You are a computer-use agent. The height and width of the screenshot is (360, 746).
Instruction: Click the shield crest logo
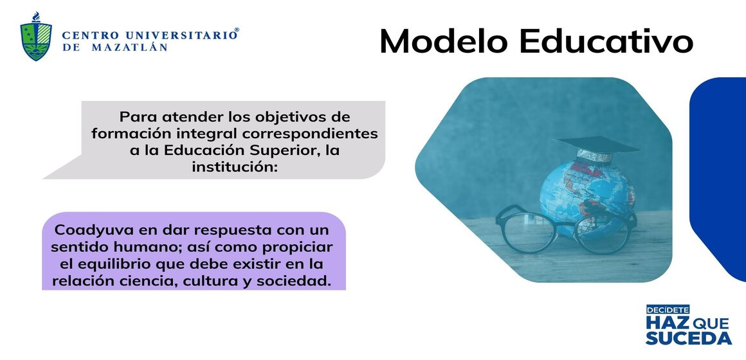(x=36, y=37)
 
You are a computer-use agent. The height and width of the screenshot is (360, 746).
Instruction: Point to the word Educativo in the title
(x=606, y=41)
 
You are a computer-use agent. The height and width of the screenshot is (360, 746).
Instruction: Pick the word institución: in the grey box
(x=234, y=167)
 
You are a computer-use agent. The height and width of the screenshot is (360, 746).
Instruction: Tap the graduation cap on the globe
(x=597, y=147)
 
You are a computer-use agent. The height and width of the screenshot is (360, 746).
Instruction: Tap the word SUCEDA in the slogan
(x=688, y=337)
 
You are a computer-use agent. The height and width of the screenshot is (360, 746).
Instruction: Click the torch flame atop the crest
(x=36, y=17)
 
